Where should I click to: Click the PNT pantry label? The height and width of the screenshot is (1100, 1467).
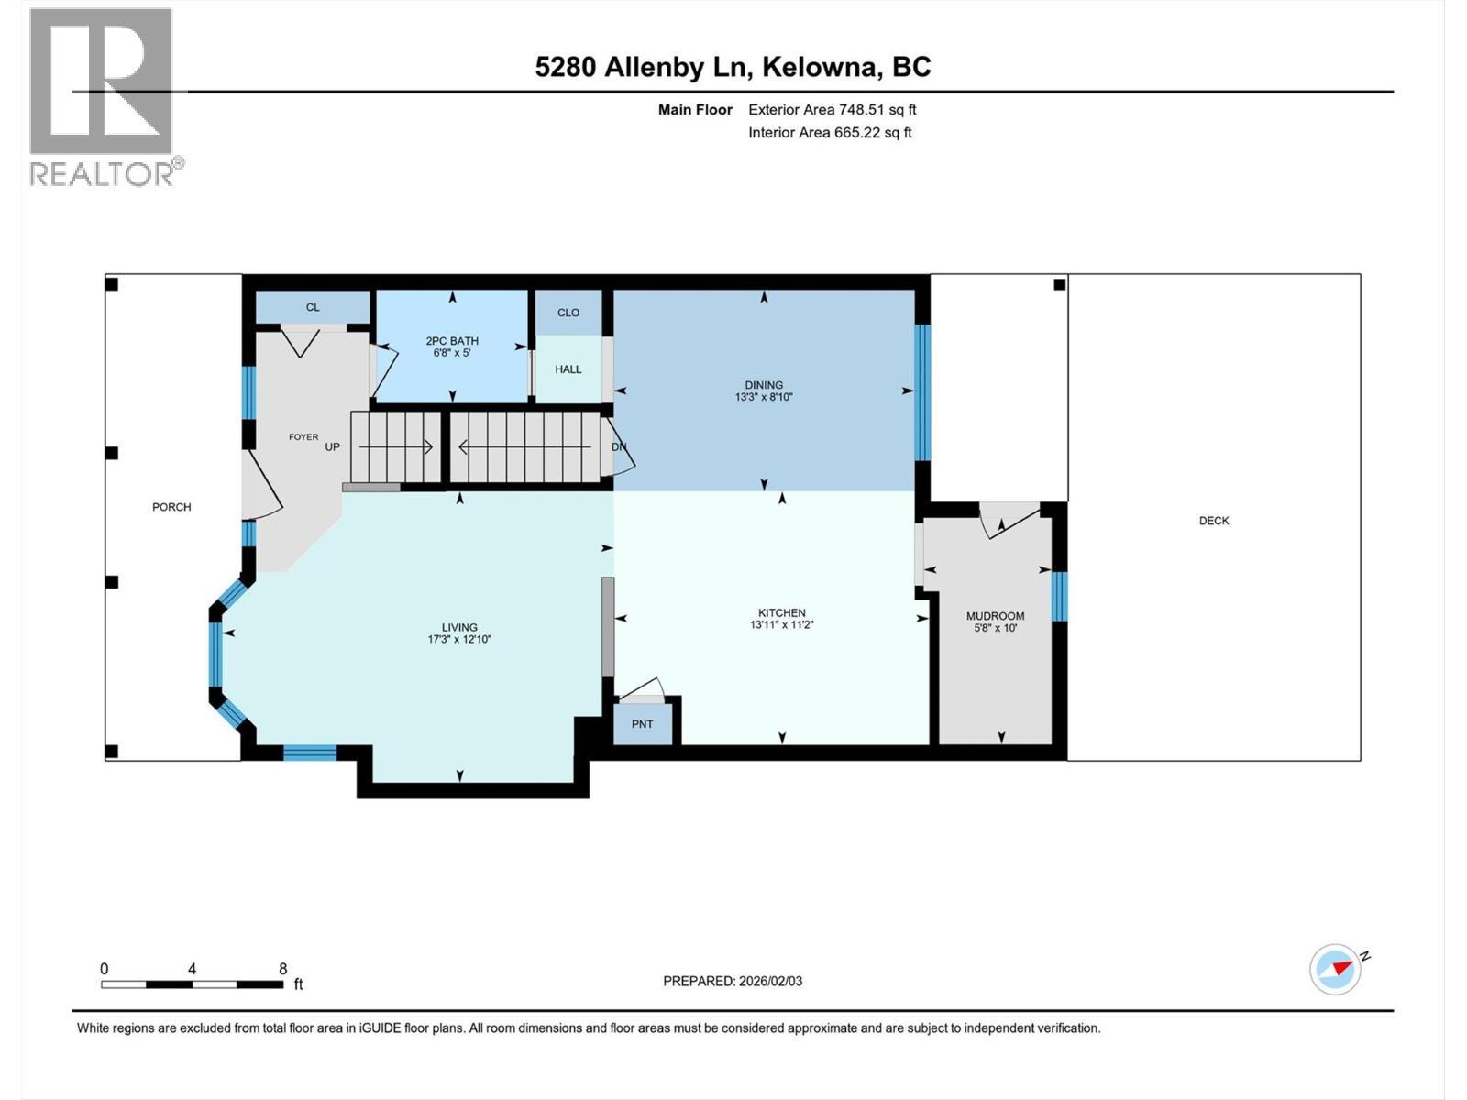642,724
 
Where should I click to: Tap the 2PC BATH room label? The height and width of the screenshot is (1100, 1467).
452,341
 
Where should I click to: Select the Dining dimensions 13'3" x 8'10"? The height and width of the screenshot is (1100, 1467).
764,398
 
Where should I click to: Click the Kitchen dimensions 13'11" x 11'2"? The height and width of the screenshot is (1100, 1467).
781,625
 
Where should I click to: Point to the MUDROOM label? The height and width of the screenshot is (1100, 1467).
995,616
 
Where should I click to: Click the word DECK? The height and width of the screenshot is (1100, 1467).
1213,521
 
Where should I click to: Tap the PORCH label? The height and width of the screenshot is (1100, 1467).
171,507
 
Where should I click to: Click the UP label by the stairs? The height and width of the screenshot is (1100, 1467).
332,447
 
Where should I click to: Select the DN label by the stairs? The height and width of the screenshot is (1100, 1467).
619,447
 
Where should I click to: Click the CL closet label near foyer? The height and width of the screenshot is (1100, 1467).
313,307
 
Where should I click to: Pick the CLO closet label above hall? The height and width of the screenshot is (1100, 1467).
568,313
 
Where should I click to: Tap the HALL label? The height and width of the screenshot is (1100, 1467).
568,369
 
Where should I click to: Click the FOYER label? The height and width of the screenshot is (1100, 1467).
303,437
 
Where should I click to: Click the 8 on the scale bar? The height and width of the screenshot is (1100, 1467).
283,969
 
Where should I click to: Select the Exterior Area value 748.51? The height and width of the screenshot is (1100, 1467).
866,110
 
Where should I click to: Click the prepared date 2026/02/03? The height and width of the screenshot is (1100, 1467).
770,981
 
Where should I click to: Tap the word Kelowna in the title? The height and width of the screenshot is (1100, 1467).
817,67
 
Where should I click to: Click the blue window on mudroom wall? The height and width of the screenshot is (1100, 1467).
1059,597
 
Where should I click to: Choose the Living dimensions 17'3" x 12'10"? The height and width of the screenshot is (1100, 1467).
459,640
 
